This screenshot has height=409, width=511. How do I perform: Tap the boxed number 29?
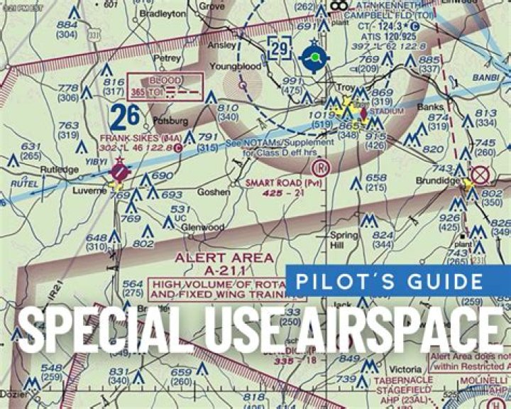pyautogui.click(x=280, y=49)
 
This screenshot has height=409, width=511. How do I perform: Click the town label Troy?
pyautogui.click(x=345, y=87)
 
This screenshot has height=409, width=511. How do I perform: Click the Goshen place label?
pyautogui.click(x=214, y=192)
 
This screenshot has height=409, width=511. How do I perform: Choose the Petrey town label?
pyautogui.click(x=167, y=58)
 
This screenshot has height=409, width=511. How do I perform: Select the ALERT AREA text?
pyautogui.click(x=223, y=257)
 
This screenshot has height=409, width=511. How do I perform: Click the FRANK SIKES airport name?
pyautogui.click(x=130, y=138)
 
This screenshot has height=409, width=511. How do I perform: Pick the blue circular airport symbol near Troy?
pyautogui.click(x=312, y=57)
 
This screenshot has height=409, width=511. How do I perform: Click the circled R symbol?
pyautogui.click(x=322, y=168)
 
